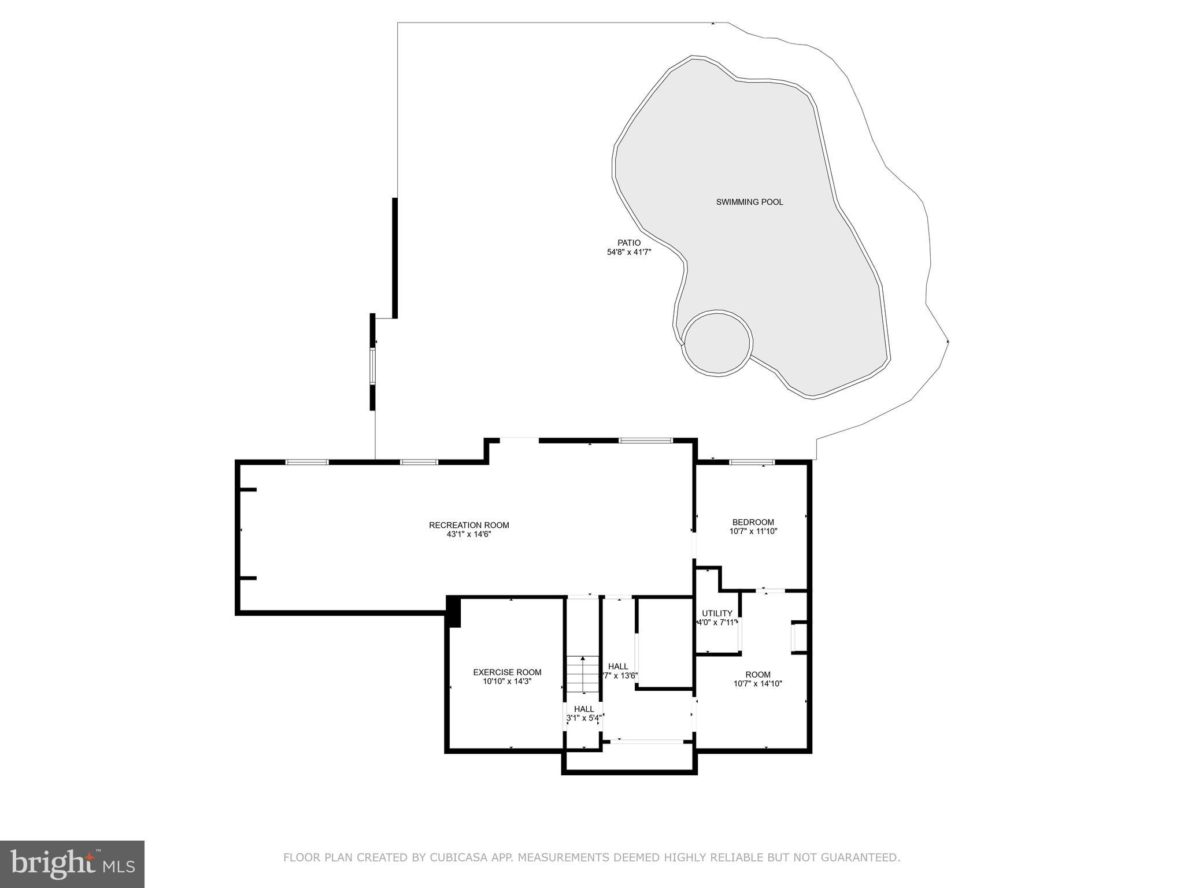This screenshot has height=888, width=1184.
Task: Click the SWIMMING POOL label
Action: pos(749,202)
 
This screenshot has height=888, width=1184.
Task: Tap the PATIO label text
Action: pos(629,243)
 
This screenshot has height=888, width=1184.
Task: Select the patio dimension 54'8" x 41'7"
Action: pos(629,252)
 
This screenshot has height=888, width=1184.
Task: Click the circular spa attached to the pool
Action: pos(717,343)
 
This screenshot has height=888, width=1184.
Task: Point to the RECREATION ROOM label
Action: pos(469,525)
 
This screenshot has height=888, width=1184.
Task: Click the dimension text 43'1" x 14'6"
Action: pos(469,534)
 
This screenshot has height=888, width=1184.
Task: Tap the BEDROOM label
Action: pos(753,522)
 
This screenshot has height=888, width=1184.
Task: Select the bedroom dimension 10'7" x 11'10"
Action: pos(753,531)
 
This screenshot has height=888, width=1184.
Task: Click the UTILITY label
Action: pos(717,613)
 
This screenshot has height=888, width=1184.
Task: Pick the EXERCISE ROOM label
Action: pos(507,672)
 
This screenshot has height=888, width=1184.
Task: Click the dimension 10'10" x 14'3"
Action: pos(507,682)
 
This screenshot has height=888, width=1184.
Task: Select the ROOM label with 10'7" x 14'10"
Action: pos(757,675)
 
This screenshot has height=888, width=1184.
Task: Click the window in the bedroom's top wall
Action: pos(752,462)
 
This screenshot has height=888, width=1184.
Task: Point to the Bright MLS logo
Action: pos(72,864)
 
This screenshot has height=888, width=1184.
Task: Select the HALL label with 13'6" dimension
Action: pos(618,667)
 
